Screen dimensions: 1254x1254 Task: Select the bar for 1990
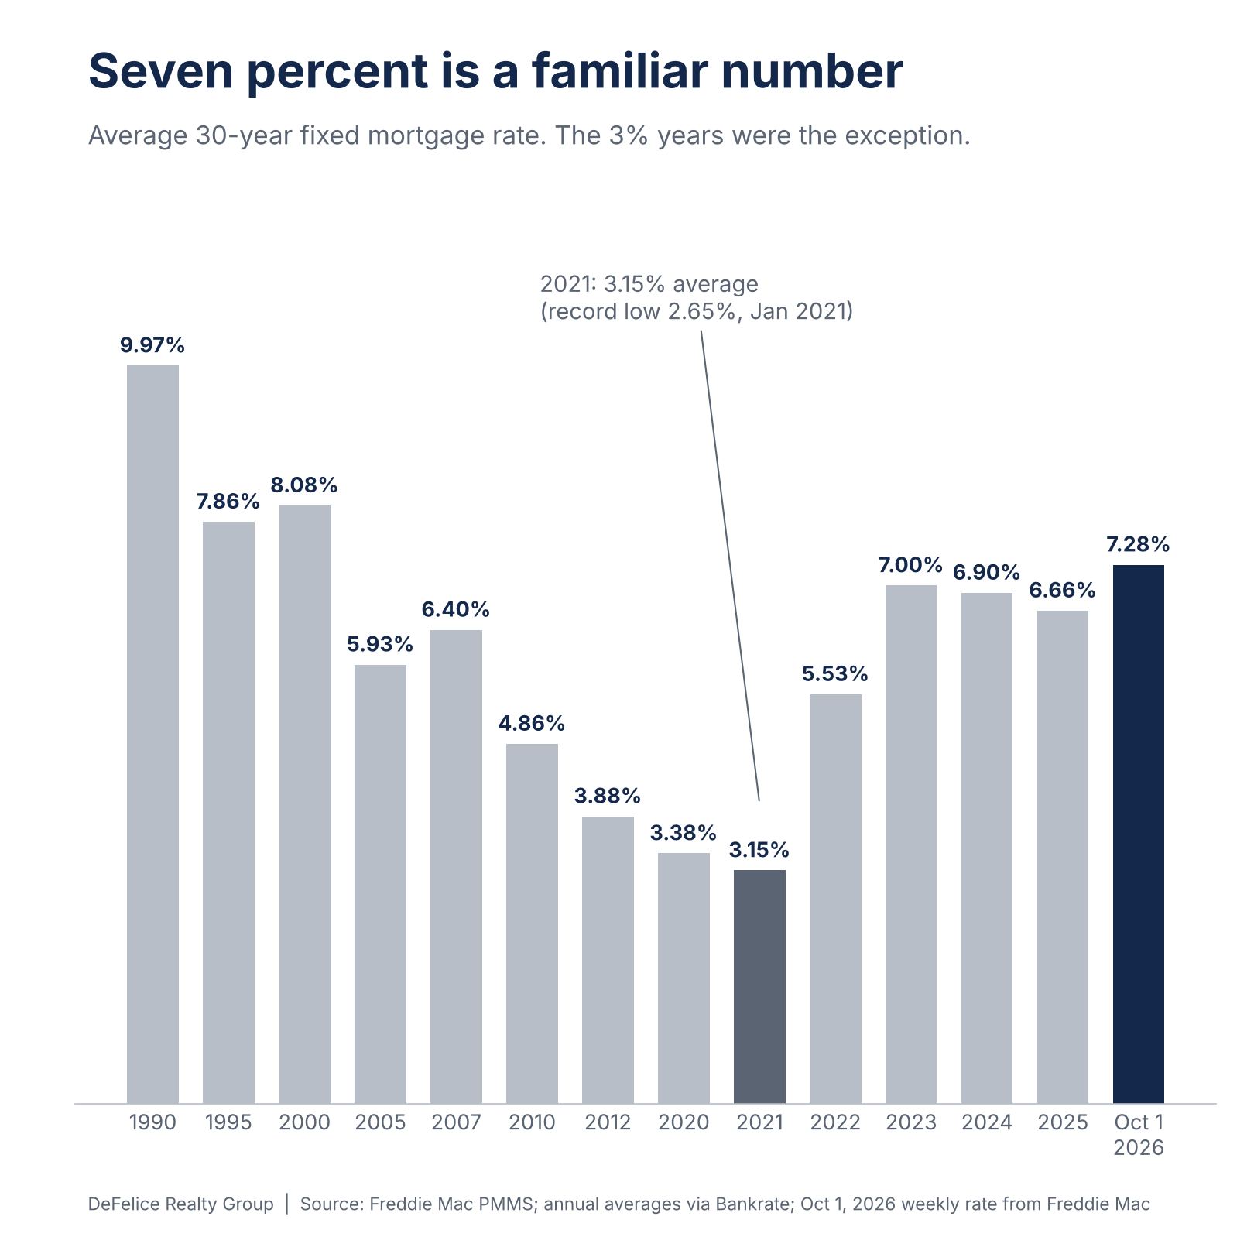click(152, 734)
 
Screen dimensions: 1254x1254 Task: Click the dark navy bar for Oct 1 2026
click(1139, 834)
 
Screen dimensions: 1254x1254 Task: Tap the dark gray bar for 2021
click(759, 986)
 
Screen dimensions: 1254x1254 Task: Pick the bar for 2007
click(456, 866)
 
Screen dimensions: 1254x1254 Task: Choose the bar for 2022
click(835, 899)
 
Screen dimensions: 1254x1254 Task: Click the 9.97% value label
click(152, 345)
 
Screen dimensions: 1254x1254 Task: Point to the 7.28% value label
click(1138, 545)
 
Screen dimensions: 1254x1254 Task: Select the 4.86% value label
click(532, 724)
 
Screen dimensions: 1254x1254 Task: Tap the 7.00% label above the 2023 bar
click(911, 565)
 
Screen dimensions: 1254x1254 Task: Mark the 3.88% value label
click(608, 796)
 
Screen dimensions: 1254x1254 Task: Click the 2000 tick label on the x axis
click(304, 1122)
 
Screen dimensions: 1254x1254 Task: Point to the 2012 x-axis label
click(608, 1122)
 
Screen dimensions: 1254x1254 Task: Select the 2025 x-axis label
click(1063, 1122)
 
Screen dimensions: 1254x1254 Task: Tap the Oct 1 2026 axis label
click(1139, 1135)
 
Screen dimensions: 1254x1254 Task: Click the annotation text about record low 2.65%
click(697, 312)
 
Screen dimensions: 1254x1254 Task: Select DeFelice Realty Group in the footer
click(181, 1204)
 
